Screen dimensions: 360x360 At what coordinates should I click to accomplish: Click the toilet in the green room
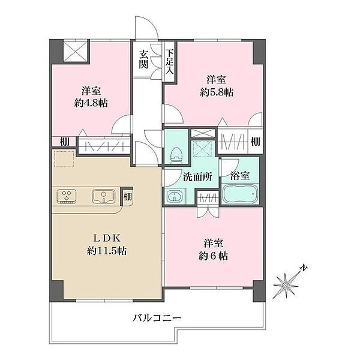[176, 155]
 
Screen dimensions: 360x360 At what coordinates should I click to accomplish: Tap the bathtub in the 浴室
[240, 194]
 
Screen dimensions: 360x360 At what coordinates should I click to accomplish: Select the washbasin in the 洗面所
[175, 196]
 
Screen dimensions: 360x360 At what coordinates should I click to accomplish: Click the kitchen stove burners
[67, 196]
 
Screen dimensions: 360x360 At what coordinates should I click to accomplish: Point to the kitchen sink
[104, 196]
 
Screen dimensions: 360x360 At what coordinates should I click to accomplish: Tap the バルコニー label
[157, 318]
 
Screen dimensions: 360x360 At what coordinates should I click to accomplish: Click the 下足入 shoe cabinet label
[170, 62]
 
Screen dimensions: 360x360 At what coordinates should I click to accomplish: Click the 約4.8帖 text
[91, 103]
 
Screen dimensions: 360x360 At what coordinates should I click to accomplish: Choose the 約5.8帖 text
[217, 92]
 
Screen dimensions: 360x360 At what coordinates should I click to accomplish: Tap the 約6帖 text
[213, 256]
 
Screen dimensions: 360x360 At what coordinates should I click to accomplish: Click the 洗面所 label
[197, 177]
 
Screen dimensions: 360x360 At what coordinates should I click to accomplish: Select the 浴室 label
[240, 176]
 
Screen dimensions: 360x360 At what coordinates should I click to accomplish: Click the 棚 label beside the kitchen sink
[128, 197]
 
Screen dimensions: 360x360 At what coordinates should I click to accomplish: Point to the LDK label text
[107, 238]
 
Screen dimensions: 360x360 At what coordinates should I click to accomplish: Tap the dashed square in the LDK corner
[64, 158]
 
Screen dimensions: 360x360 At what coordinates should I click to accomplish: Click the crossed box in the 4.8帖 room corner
[76, 51]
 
